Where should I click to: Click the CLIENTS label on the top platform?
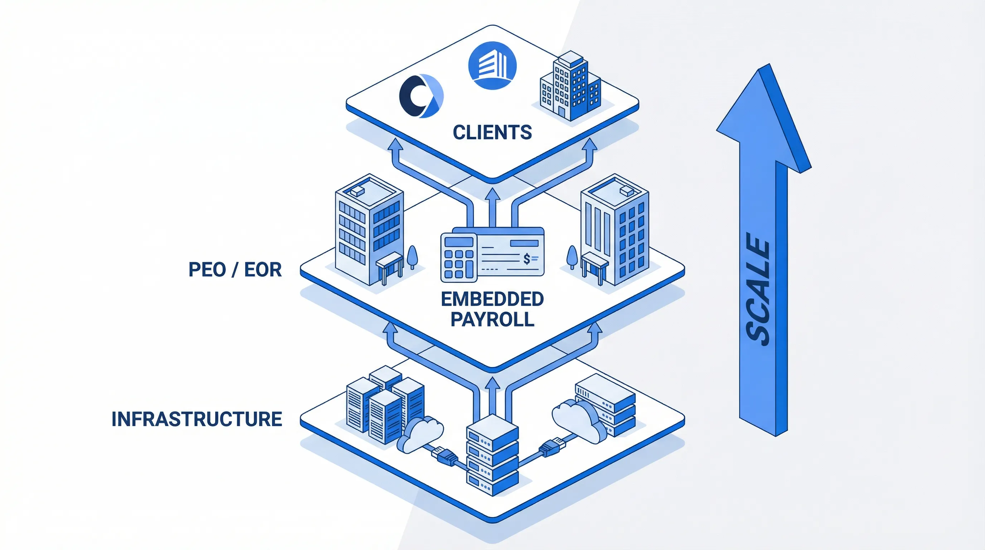point(492,132)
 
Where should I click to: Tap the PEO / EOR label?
point(235,270)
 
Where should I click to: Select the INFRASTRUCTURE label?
point(197,419)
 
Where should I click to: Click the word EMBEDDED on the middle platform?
point(492,299)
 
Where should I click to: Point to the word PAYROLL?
point(492,319)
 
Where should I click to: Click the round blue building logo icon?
point(492,66)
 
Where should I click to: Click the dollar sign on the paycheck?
point(527,259)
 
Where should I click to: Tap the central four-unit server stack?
point(492,455)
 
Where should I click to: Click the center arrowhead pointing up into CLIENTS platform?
point(492,195)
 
